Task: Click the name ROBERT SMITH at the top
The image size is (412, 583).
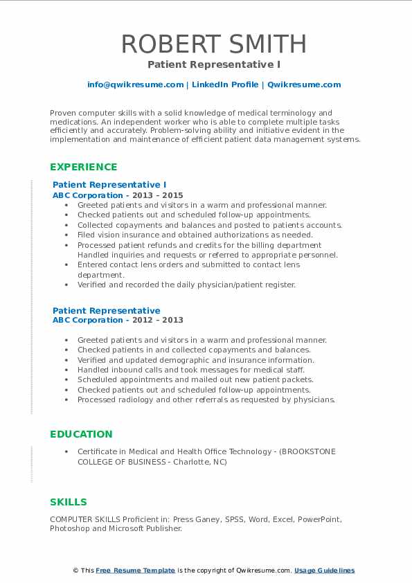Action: coord(214,44)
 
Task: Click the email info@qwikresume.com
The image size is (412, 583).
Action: coord(135,84)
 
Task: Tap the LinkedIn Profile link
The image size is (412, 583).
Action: coord(224,84)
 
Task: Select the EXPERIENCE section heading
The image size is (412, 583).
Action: coord(84,167)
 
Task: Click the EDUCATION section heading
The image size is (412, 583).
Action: coord(81,434)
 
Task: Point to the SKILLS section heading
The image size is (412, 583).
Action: coord(69,502)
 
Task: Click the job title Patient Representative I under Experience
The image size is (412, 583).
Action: coord(109,185)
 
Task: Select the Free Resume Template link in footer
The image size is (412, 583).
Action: coord(136,571)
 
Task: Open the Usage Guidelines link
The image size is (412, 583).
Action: coord(324,571)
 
